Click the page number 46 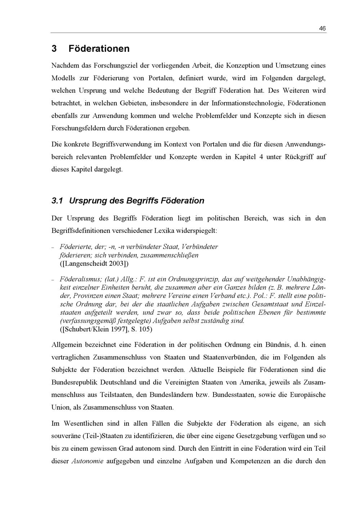322,28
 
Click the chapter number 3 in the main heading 54,49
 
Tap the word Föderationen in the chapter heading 99,49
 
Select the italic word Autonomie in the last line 87,461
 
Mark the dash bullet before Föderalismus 53,280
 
